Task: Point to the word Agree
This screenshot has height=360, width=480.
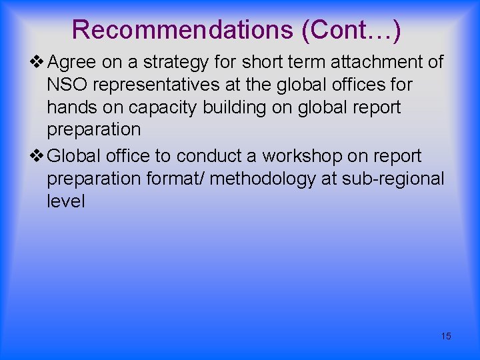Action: [73, 63]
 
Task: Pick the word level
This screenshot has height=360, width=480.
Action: [65, 201]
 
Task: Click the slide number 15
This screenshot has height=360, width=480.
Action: [446, 336]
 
